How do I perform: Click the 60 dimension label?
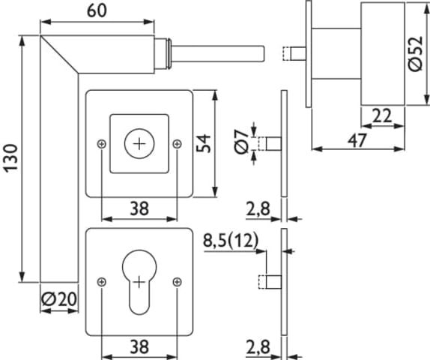click(97, 11)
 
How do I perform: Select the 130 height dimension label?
click(11, 158)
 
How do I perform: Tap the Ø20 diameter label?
click(59, 299)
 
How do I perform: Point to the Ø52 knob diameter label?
click(416, 53)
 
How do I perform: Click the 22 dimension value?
click(382, 115)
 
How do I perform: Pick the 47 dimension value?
click(357, 140)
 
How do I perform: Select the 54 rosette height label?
click(204, 143)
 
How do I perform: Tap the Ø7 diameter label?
click(241, 142)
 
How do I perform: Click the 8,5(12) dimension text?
click(231, 241)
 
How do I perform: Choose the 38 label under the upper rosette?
click(139, 208)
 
